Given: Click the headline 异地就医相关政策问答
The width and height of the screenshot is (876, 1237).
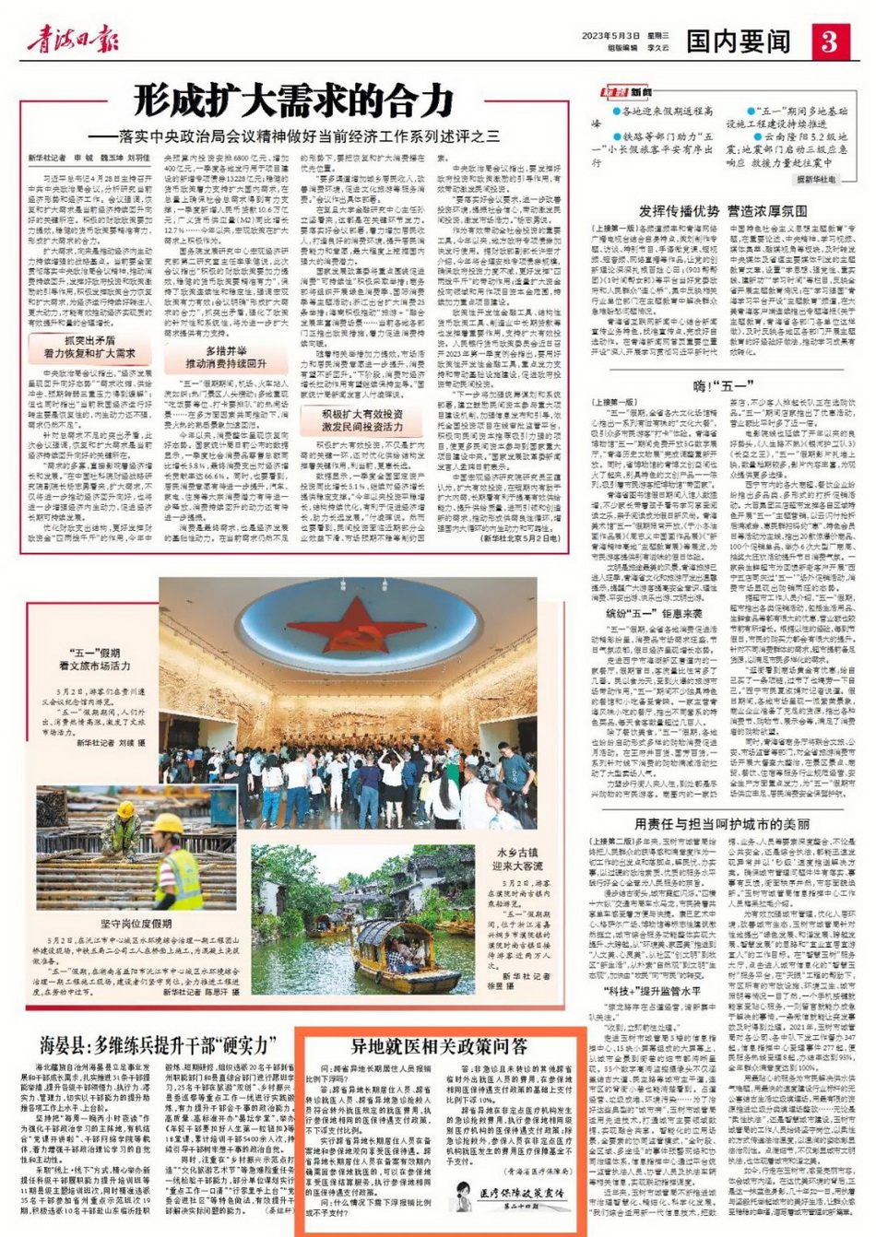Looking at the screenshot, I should tap(439, 1047).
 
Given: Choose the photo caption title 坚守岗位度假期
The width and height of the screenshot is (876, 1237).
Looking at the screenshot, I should tap(135, 923).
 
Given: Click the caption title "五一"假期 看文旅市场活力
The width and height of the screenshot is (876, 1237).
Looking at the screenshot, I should tap(95, 659).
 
